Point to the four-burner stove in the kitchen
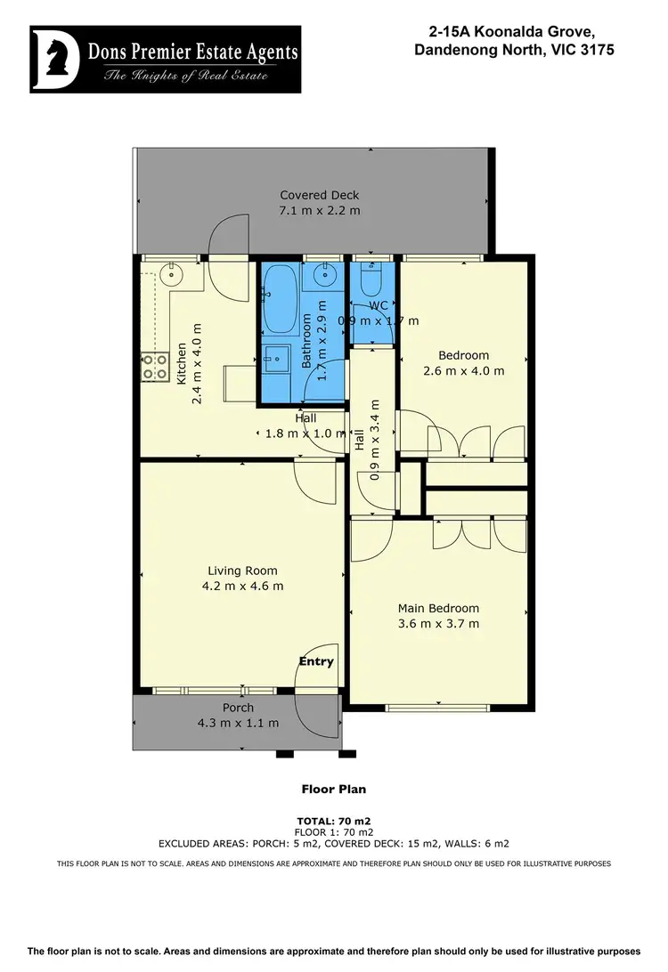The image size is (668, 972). tap(155, 368)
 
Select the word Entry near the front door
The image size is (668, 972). tap(316, 661)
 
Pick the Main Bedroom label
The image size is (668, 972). tap(438, 609)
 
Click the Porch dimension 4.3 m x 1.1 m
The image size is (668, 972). tap(238, 723)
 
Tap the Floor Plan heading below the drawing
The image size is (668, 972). tap(334, 789)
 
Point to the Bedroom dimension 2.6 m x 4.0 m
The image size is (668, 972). tap(463, 370)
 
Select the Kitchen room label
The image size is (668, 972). tap(182, 364)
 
